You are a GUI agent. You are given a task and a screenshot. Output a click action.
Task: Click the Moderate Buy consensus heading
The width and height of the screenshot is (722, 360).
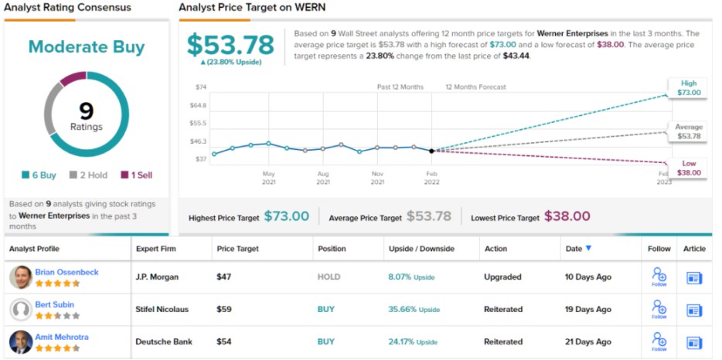click(87, 47)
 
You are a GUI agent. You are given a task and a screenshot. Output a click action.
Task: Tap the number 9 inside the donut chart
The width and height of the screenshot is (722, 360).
click(86, 110)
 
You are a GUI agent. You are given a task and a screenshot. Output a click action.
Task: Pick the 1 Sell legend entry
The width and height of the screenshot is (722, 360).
click(136, 175)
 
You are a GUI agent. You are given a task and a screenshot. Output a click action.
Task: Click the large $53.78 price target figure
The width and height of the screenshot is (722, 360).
click(231, 43)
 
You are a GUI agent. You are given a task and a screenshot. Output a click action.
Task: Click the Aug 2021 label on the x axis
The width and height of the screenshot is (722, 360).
click(323, 177)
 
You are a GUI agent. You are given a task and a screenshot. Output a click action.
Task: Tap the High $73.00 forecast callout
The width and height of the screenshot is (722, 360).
click(688, 88)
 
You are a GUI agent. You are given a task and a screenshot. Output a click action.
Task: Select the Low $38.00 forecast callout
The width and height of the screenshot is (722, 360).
click(688, 168)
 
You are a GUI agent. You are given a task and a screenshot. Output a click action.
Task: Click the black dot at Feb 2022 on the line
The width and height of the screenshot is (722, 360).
click(431, 151)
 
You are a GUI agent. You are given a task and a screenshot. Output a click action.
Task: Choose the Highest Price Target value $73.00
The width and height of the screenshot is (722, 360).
click(286, 217)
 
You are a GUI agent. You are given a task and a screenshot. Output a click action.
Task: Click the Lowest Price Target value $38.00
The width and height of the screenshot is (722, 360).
click(567, 217)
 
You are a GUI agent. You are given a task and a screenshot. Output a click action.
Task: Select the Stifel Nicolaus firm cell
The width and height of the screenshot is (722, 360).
click(162, 309)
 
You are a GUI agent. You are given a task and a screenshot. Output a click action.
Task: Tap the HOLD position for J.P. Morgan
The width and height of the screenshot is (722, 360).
click(329, 277)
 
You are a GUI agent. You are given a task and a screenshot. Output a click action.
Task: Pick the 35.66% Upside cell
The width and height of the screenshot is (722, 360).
click(414, 309)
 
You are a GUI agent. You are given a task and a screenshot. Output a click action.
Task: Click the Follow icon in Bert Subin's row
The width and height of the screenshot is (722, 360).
click(659, 309)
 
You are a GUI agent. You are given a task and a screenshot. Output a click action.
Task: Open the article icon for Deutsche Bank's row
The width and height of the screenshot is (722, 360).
click(693, 342)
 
